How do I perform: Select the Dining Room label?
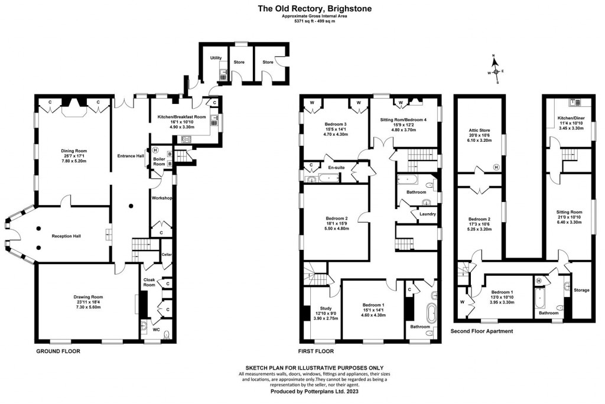click(x=71, y=151)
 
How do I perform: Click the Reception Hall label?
click(x=66, y=236)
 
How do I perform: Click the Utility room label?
click(x=216, y=58)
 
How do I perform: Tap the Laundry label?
click(x=427, y=214)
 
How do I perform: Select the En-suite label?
click(x=336, y=168)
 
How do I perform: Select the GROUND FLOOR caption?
click(x=57, y=351)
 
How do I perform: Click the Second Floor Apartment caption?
click(x=482, y=331)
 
